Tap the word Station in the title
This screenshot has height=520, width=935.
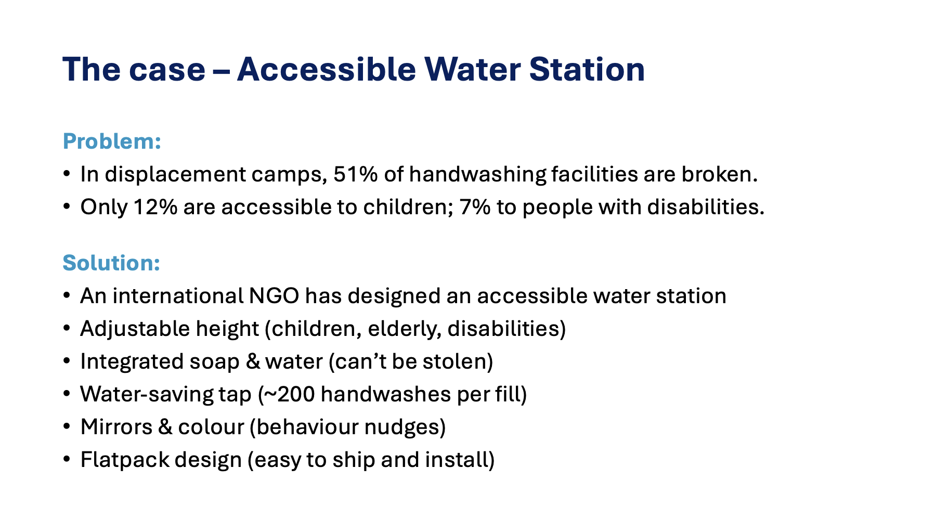[x=587, y=69]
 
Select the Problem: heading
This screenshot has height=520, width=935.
[x=112, y=141]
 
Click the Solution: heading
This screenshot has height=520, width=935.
[x=111, y=263]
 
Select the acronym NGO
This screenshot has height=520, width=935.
[x=274, y=296]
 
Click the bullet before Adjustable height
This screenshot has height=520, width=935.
[x=66, y=329]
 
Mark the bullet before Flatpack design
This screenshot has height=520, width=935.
[x=66, y=460]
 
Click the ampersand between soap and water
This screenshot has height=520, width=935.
[x=253, y=361]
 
